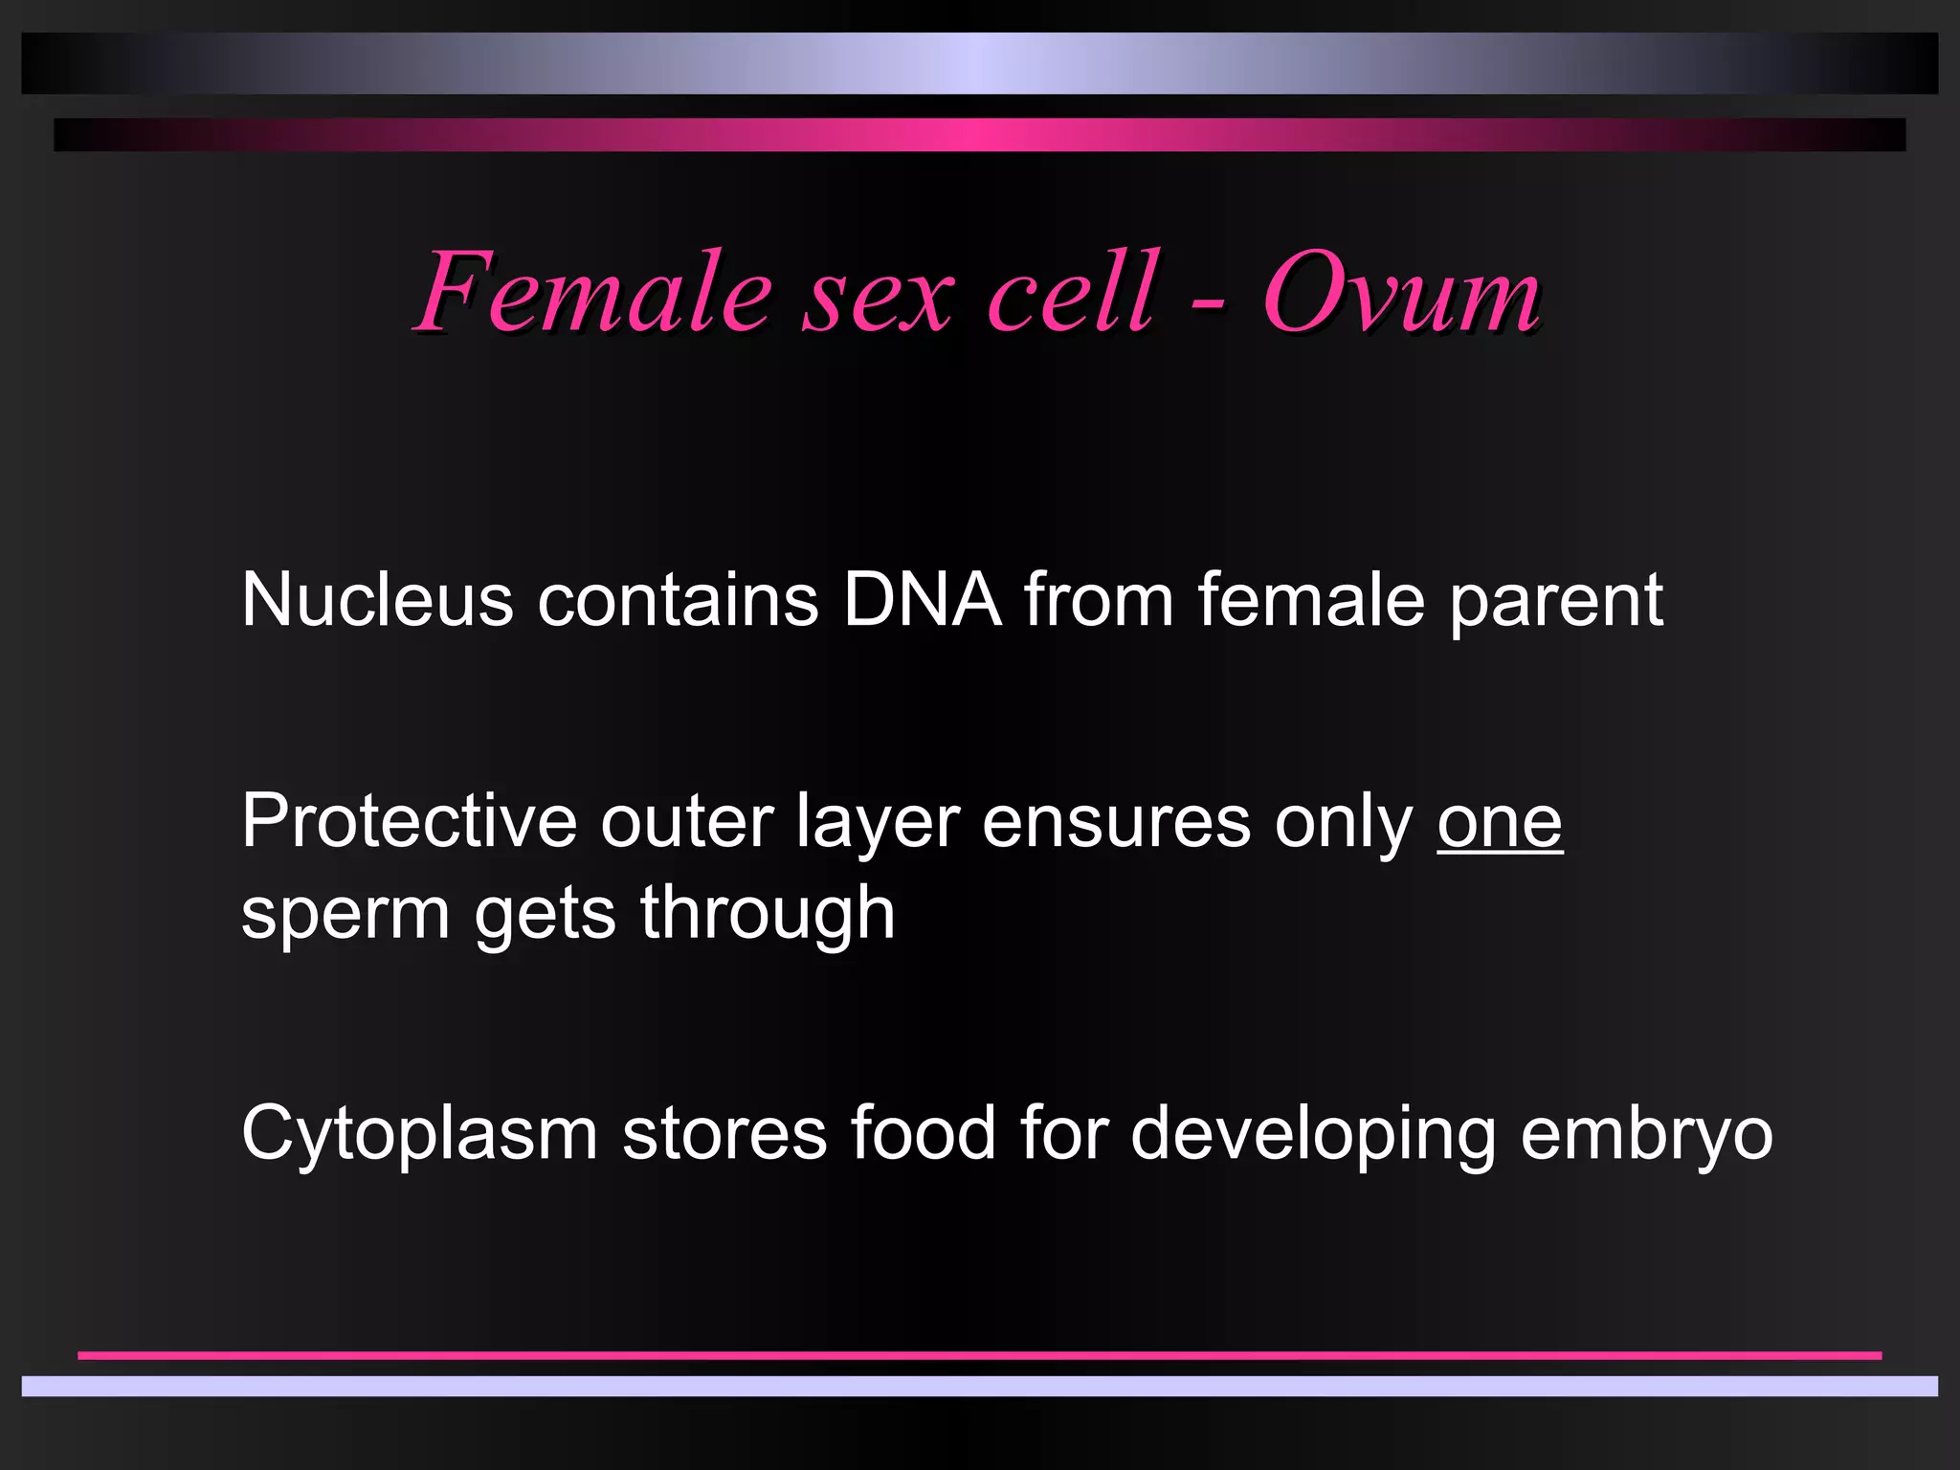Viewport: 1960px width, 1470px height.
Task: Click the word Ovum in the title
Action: [x=1400, y=292]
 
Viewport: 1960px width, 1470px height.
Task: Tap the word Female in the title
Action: [x=593, y=292]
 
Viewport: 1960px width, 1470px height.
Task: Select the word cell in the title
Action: [x=1072, y=292]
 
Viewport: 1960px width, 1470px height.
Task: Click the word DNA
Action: [x=922, y=601]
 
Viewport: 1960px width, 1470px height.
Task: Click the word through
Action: [x=768, y=913]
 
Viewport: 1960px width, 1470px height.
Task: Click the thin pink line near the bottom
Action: [x=980, y=1355]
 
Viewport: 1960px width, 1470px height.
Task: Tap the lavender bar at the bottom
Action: [x=980, y=1386]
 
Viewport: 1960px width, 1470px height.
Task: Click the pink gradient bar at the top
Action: [x=980, y=135]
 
